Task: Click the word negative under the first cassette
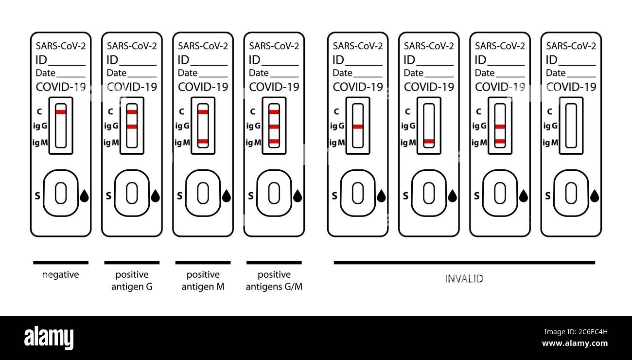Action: (x=61, y=275)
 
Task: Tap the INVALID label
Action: (x=464, y=279)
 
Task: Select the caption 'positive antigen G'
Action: (x=132, y=281)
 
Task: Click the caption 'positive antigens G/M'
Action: (x=274, y=281)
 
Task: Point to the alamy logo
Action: (x=49, y=338)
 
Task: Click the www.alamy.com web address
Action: (x=575, y=343)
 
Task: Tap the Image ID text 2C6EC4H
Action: (x=593, y=332)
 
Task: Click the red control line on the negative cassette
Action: (x=61, y=112)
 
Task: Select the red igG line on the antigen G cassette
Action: (x=132, y=126)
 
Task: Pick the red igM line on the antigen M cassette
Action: (x=203, y=142)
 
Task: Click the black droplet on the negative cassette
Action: (x=85, y=196)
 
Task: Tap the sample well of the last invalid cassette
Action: (x=571, y=193)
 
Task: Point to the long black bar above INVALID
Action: (x=464, y=263)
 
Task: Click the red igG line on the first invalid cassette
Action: (x=358, y=126)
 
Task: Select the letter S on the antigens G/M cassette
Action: (x=250, y=196)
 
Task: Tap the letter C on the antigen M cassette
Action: (x=181, y=112)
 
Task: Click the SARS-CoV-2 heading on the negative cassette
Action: (x=61, y=46)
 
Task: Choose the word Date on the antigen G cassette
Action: (x=117, y=73)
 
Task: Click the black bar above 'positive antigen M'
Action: (x=203, y=263)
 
